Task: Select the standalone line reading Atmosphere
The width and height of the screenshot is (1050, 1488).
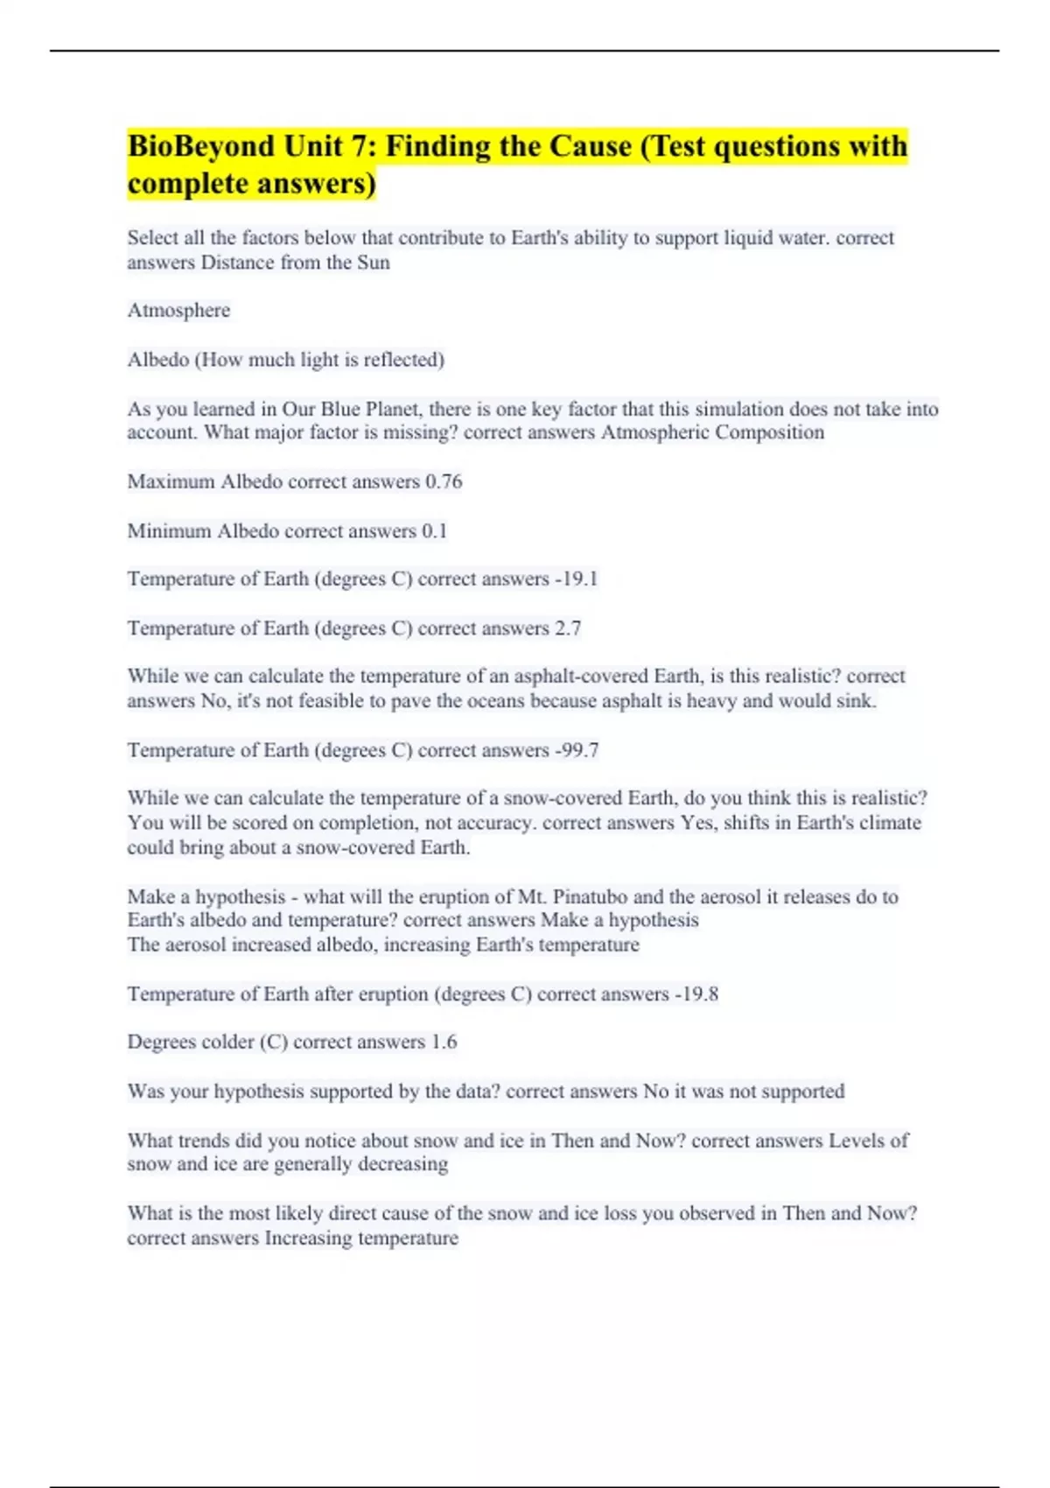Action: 178,311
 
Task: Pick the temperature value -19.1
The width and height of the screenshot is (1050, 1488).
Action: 577,579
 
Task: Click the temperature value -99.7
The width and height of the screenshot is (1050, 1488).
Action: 577,750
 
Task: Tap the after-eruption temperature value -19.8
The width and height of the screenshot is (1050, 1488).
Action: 696,994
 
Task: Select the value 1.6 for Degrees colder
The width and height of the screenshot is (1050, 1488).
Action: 444,1042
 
